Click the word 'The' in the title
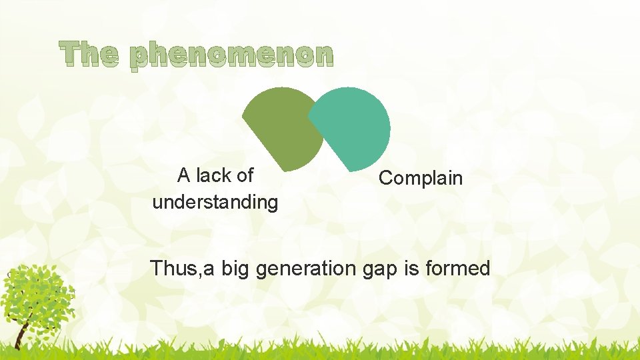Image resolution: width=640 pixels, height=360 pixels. coord(89,54)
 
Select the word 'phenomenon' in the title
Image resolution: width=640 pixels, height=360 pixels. coord(231,56)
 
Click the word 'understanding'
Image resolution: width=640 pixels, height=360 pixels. coord(215,202)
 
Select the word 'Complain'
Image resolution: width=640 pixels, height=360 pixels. coord(420,178)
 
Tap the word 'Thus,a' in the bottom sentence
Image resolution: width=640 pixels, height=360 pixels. coord(181,269)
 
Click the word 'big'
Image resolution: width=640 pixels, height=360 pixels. coord(235,269)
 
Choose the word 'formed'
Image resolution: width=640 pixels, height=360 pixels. coord(458,269)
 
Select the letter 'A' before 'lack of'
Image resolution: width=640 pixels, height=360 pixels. coord(184,175)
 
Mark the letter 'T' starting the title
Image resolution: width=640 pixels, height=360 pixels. coord(69,54)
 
